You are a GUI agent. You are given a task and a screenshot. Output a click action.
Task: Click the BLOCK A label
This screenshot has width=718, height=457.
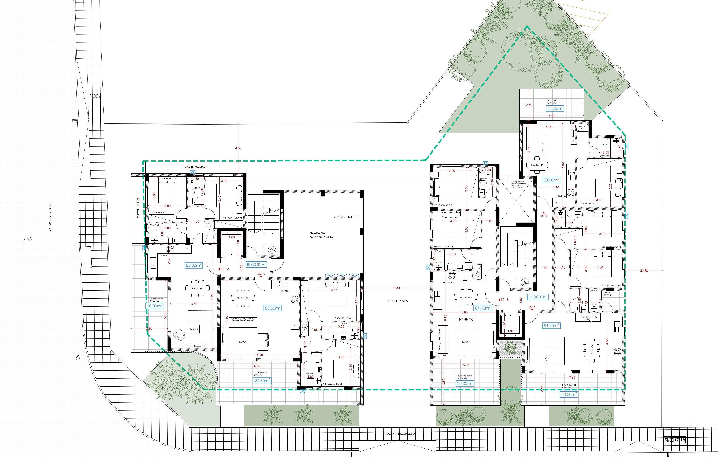pyautogui.click(x=256, y=264)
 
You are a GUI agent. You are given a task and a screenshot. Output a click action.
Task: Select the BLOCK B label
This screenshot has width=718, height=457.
pyautogui.click(x=536, y=297)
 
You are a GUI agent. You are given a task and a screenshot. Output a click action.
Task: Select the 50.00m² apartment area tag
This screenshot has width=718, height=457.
pyautogui.click(x=550, y=180)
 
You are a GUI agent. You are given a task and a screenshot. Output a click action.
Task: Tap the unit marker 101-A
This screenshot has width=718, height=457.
pyautogui.click(x=225, y=269)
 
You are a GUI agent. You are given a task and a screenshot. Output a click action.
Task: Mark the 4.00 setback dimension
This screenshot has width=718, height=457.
pyautogui.click(x=238, y=148)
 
